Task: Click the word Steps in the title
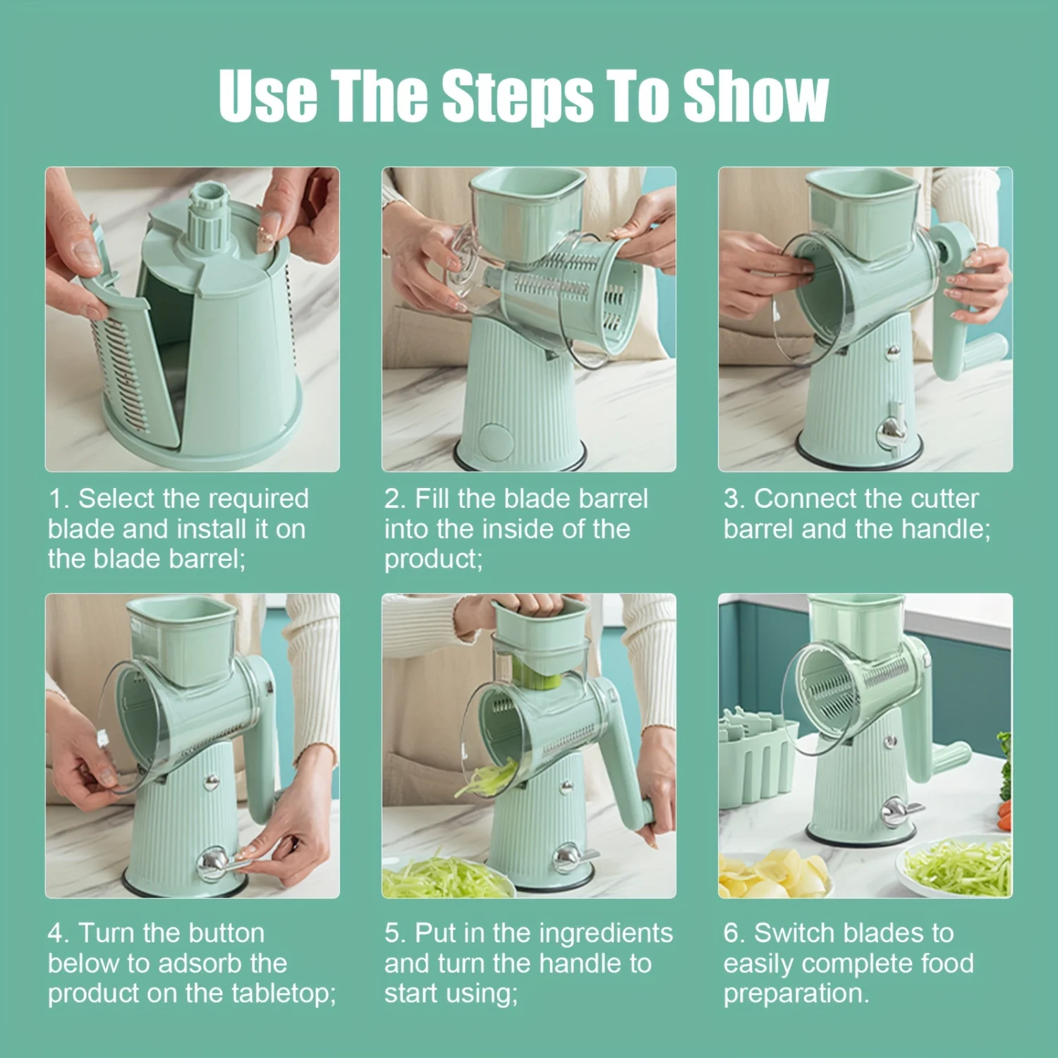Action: click(x=517, y=96)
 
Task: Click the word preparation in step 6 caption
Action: click(x=796, y=995)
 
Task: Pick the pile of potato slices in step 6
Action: click(x=773, y=872)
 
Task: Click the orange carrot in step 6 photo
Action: click(x=1004, y=813)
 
